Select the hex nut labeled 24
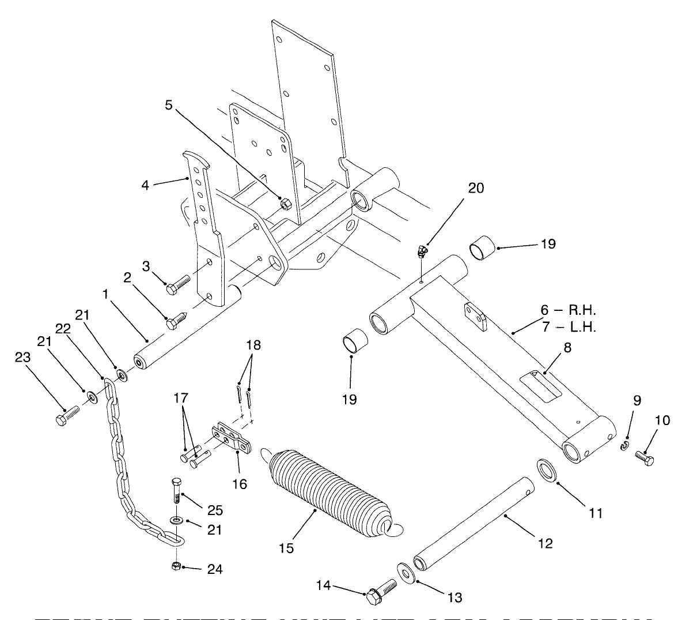(177, 566)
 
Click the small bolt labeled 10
(644, 459)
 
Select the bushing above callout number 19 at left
(353, 340)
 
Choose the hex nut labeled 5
(284, 204)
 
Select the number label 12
(545, 543)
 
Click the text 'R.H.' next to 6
(578, 311)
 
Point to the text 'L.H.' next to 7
(579, 328)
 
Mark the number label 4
(146, 185)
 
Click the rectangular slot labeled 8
(540, 384)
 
